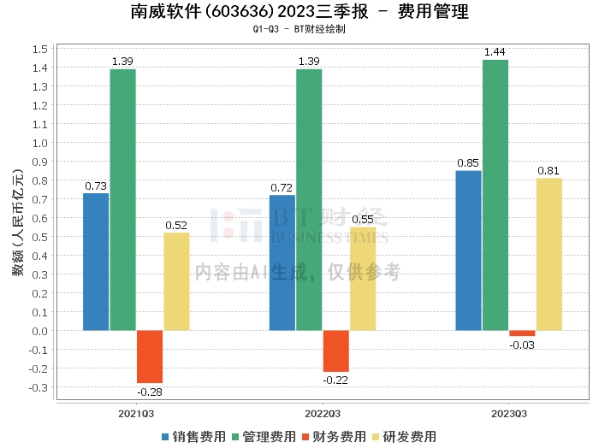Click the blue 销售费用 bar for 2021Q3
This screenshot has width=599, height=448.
96,262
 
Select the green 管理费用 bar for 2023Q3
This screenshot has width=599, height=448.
495,195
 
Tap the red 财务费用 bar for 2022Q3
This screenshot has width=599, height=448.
336,351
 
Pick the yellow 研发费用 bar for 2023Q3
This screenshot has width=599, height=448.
549,254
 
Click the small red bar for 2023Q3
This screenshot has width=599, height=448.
522,333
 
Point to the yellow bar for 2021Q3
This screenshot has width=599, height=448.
176,281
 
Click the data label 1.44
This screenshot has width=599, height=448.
495,52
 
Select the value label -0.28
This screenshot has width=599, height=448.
150,392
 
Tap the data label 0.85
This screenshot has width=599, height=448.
468,163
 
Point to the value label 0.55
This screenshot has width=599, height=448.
363,220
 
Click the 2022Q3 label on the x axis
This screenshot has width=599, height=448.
323,414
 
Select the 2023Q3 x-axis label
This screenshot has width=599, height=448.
509,414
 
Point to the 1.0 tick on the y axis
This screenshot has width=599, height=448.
39,143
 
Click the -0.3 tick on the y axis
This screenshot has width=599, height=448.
39,387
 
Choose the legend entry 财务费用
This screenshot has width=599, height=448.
335,437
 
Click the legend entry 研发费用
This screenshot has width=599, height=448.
405,437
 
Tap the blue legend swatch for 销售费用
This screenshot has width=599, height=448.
165,437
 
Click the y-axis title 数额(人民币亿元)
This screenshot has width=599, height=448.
18,222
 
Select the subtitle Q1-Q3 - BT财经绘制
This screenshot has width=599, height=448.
299,29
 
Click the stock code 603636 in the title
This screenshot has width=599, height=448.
237,12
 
